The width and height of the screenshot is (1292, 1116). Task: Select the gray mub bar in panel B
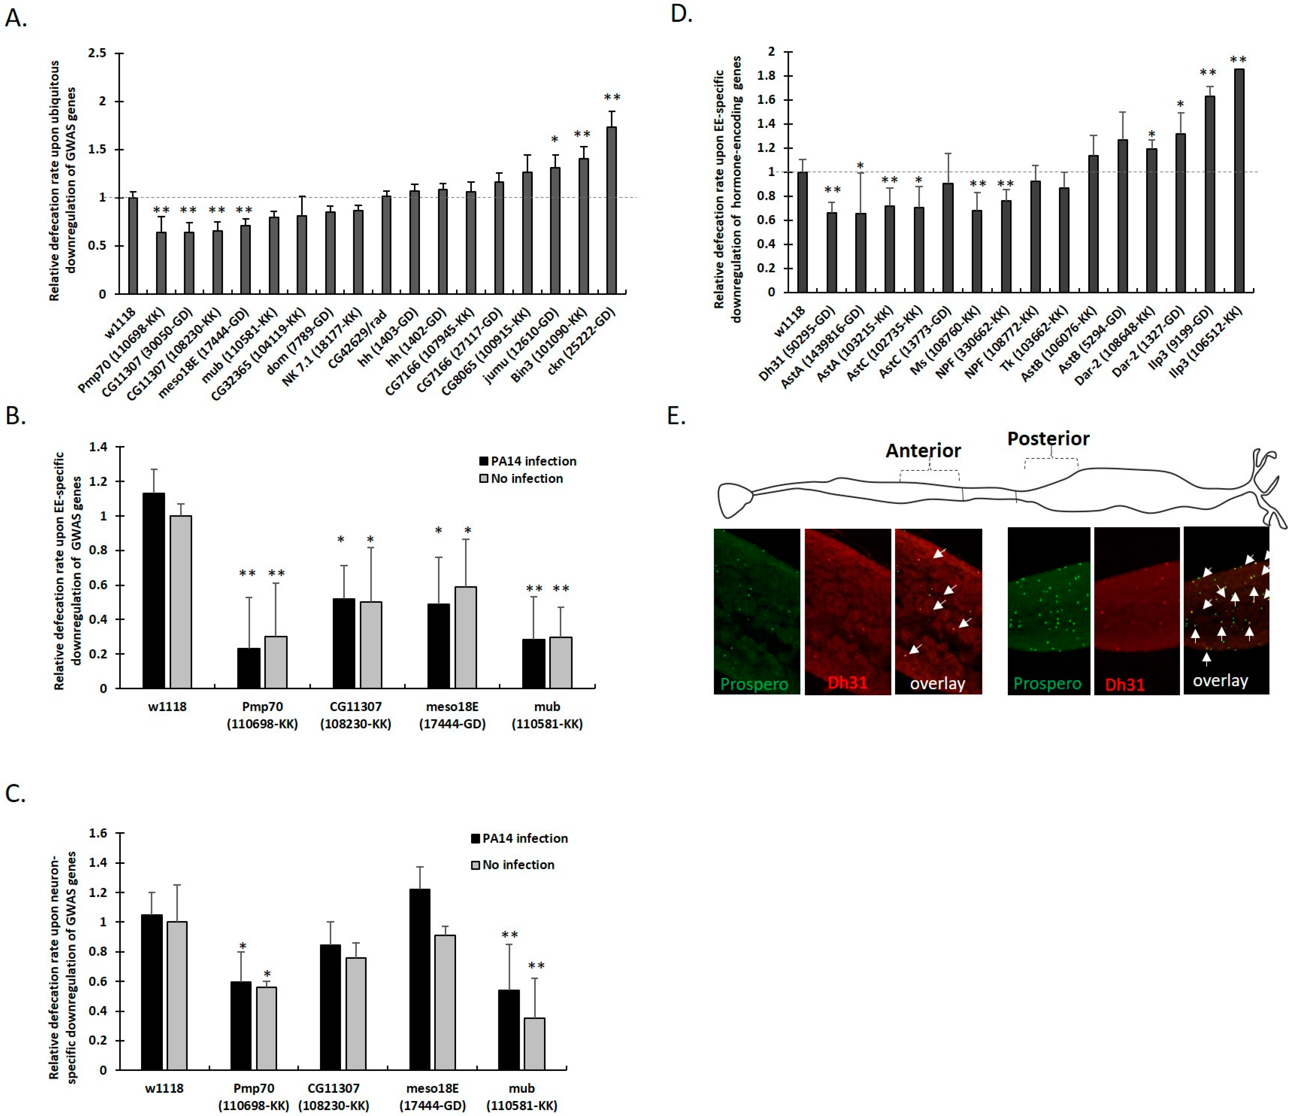coord(561,662)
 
